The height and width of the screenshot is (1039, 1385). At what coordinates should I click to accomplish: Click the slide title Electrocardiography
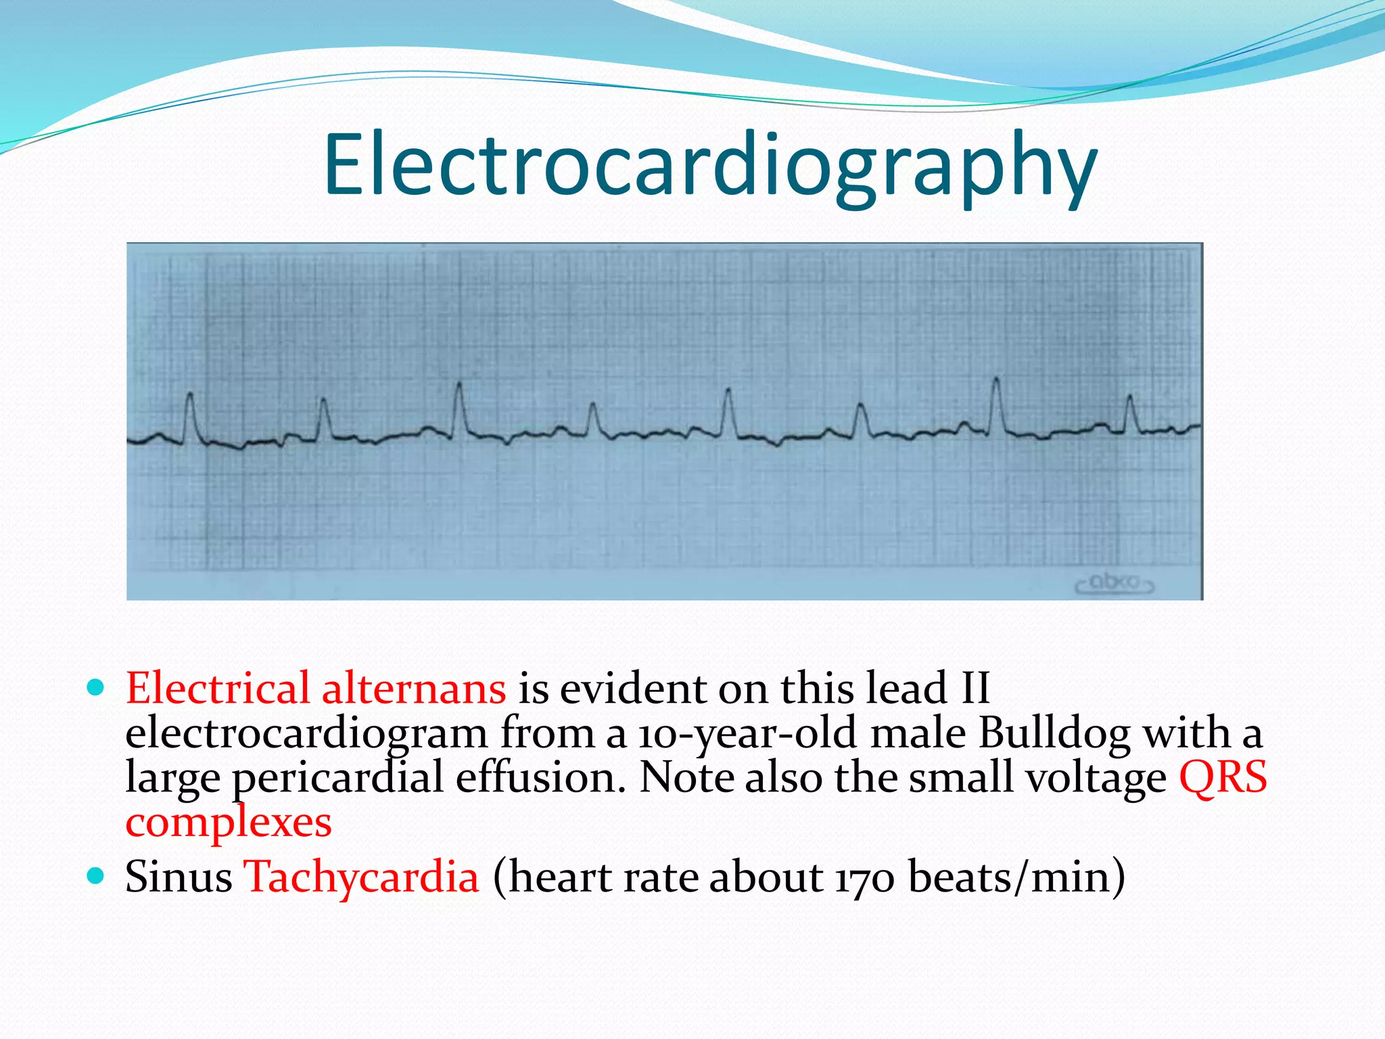coord(710,166)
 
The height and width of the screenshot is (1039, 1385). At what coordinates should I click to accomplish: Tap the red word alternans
coord(414,689)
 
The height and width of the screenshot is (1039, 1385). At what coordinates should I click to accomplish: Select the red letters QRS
coord(1223,778)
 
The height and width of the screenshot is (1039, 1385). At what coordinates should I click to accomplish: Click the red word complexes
coord(229,823)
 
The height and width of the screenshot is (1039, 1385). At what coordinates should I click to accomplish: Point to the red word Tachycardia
coord(361,877)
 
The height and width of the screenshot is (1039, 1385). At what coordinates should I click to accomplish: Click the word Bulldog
coord(1054,733)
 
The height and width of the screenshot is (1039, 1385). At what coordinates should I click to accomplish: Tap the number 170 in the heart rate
coord(865,878)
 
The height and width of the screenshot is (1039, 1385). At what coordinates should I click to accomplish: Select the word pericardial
coord(338,778)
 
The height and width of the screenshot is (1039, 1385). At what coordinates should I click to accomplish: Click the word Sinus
coord(179,877)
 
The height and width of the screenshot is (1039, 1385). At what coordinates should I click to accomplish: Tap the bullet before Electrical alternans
coord(96,689)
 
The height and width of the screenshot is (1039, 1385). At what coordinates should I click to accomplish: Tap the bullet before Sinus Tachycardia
coord(96,877)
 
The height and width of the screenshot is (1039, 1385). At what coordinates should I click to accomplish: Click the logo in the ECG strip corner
coord(1114,582)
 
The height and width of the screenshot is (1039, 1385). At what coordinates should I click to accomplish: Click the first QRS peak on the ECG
coord(191,395)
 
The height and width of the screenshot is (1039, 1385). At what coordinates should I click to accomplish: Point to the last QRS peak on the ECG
coord(1129,396)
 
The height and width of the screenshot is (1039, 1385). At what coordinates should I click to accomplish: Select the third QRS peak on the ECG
coord(460,384)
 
